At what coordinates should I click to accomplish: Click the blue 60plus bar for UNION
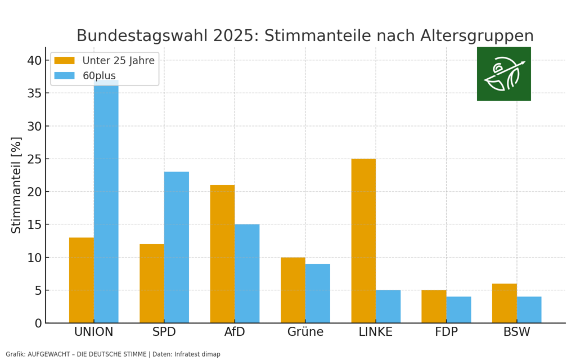click(x=106, y=202)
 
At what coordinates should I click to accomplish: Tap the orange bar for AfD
click(x=222, y=254)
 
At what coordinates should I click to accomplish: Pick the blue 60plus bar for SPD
click(x=177, y=247)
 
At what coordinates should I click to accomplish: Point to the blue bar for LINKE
click(x=388, y=307)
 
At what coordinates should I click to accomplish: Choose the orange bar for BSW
click(x=505, y=303)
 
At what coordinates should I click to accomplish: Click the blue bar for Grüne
click(x=318, y=293)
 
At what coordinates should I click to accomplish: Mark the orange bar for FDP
click(x=434, y=307)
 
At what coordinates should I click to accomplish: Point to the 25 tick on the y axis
click(x=35, y=159)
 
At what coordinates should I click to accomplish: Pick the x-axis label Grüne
click(x=305, y=332)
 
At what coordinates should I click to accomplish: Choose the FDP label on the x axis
click(x=446, y=332)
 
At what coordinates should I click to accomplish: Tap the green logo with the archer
click(x=503, y=74)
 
